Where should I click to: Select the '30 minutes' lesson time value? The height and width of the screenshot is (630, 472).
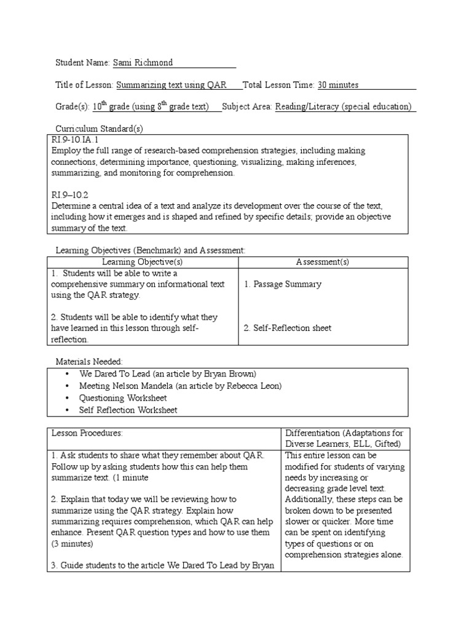(x=338, y=85)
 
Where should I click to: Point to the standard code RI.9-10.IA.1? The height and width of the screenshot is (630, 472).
(x=76, y=140)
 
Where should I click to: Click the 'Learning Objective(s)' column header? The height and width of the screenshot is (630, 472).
(x=142, y=262)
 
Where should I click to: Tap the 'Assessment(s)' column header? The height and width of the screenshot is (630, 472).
(x=322, y=262)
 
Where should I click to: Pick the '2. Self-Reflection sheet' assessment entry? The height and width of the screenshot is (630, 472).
(x=287, y=328)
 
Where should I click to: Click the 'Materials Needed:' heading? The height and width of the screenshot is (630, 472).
(x=89, y=362)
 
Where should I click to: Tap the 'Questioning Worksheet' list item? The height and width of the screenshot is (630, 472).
(x=123, y=398)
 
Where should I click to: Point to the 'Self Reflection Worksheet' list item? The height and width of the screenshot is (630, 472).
(x=128, y=410)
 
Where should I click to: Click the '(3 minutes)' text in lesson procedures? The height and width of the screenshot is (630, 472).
(x=72, y=544)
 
